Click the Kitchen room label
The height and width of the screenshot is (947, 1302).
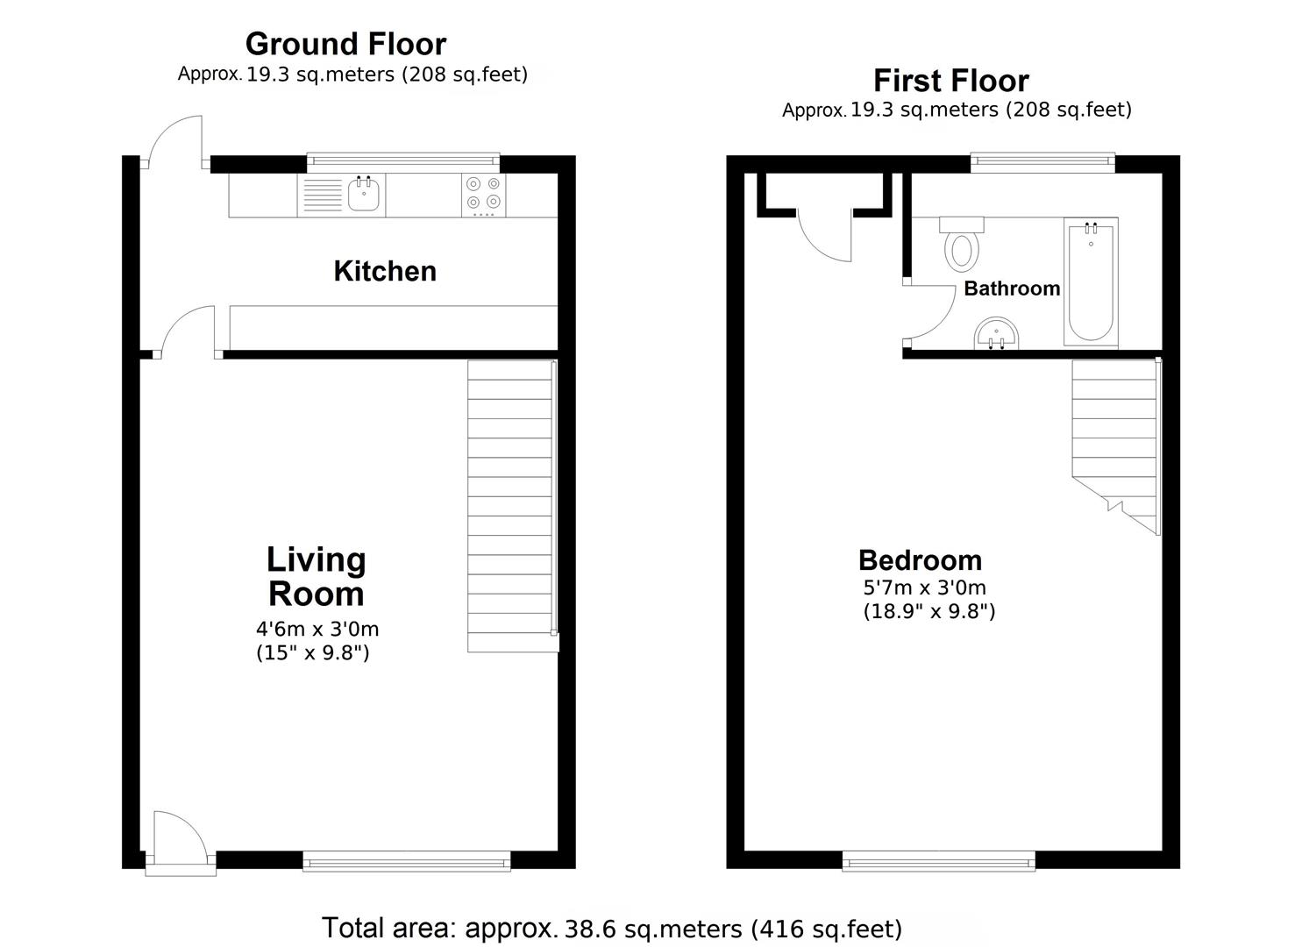click(385, 272)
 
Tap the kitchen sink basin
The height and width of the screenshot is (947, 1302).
click(364, 195)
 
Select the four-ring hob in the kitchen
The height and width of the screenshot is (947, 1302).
click(484, 196)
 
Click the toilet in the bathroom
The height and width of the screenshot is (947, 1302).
click(962, 245)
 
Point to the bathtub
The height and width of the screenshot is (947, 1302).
click(1091, 282)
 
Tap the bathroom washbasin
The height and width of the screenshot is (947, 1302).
click(997, 334)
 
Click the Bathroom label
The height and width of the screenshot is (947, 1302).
click(1012, 288)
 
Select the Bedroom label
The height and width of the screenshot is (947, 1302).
click(920, 560)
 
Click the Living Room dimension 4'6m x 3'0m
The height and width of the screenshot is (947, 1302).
click(317, 629)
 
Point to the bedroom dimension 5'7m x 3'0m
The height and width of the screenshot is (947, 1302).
click(924, 587)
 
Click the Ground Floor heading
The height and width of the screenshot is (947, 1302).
click(345, 44)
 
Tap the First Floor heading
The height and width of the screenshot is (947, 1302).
click(951, 80)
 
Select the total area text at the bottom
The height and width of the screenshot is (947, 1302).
click(612, 929)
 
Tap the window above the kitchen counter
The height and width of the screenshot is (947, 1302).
click(402, 162)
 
